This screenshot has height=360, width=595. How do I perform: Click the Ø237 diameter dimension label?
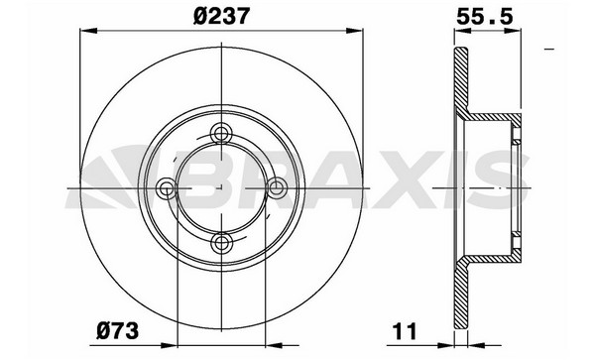221,16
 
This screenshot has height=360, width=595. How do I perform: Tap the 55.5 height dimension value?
485,16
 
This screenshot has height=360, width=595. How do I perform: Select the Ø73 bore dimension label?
118,331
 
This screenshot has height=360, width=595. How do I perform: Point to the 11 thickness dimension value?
406,331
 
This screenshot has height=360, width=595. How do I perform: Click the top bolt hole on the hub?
221,133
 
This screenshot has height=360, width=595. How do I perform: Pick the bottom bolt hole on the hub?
221,242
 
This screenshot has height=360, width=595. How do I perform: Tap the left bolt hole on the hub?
167,187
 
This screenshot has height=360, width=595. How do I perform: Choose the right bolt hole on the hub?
276,187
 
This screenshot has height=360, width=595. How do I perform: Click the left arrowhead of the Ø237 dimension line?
89,31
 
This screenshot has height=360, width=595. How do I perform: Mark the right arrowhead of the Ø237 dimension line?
354,31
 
